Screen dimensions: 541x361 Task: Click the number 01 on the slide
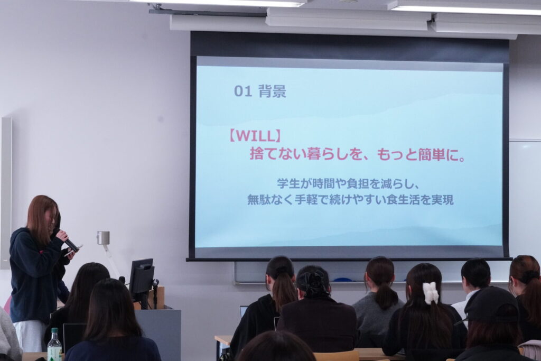coord(243,91)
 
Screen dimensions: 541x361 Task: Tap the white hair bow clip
coord(430,293)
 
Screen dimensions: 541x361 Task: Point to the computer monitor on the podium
coord(142,280)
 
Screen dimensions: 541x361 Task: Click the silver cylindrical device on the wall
coord(103,238)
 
